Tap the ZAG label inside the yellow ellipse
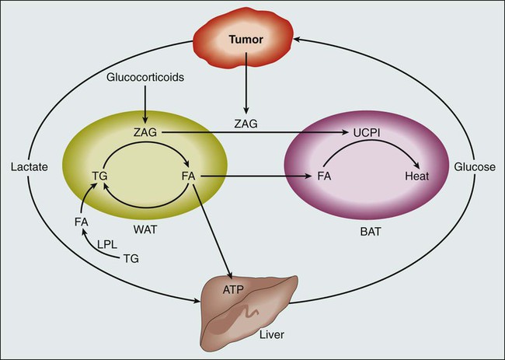(145, 133)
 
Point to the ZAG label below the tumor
(245, 123)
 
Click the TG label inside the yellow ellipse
(99, 177)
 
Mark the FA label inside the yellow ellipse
(187, 177)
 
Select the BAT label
(362, 232)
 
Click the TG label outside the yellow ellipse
(132, 259)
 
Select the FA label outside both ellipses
(81, 222)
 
